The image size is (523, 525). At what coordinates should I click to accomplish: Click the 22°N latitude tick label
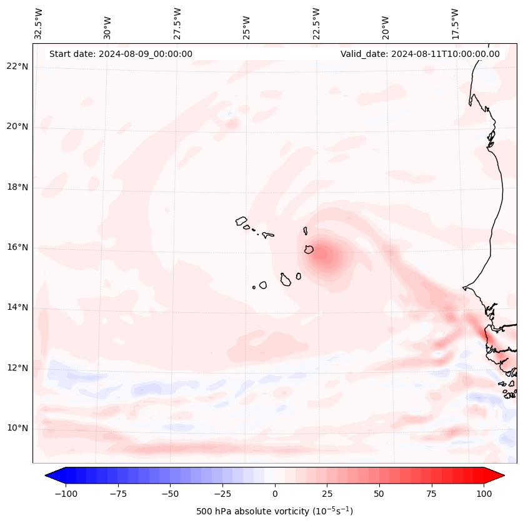coord(17,67)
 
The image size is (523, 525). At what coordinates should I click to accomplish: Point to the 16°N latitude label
coord(17,248)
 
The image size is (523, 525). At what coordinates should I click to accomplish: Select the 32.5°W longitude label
coord(39,24)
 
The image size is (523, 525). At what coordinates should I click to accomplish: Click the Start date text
coord(121,54)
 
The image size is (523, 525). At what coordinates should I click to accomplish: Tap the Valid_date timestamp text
coord(420,54)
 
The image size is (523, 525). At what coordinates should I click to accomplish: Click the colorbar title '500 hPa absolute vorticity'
coord(274,512)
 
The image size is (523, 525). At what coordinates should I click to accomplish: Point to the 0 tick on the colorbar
coord(275,494)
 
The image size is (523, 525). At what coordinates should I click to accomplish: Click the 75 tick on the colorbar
coord(431,494)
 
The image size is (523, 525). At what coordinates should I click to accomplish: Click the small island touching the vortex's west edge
coord(309,250)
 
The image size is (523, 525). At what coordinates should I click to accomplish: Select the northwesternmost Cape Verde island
coord(241,221)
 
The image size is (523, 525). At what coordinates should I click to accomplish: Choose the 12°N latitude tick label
coord(17,368)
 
